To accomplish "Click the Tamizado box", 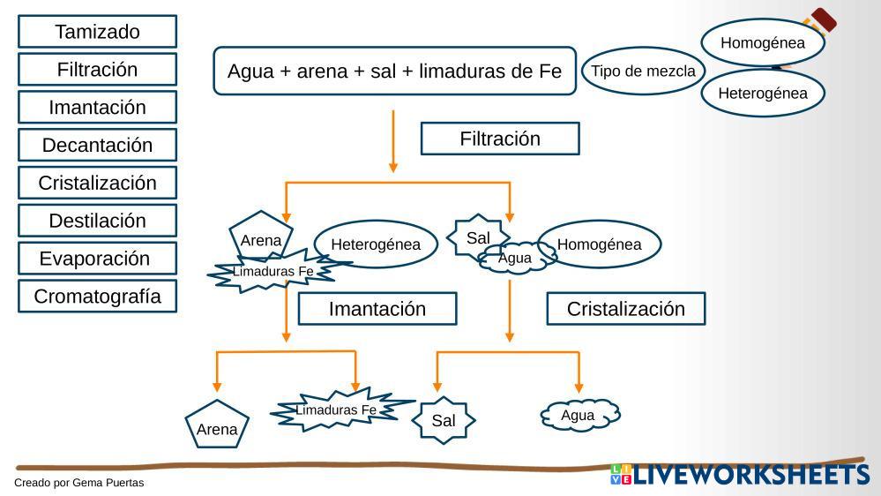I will [x=97, y=32].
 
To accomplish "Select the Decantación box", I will [x=97, y=145].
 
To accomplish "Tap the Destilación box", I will [x=97, y=221].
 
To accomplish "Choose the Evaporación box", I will [x=97, y=259].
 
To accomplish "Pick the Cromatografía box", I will [x=97, y=297].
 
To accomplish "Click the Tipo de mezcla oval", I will [x=643, y=71].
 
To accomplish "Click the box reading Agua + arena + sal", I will [x=394, y=71].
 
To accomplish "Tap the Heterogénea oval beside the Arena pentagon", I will [x=376, y=244].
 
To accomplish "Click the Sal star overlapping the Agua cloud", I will [x=475, y=236].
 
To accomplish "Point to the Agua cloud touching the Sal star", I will [x=516, y=259].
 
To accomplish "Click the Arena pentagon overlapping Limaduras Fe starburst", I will [x=260, y=234].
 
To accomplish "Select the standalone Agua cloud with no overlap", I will [x=579, y=416].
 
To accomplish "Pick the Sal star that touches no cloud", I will [x=443, y=421].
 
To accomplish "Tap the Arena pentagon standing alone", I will [x=217, y=426].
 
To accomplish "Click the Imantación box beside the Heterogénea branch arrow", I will [x=377, y=309].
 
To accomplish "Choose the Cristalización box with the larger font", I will [x=626, y=309].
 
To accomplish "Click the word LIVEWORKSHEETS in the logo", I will [x=750, y=475].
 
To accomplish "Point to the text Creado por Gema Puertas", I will [x=78, y=483].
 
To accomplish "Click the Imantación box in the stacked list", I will [x=97, y=108].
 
